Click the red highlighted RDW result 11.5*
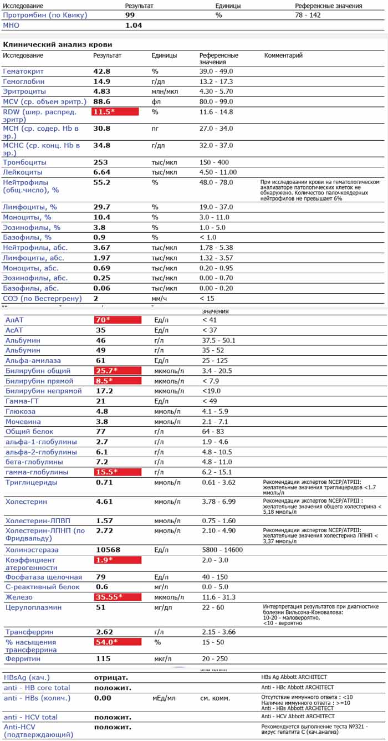115,112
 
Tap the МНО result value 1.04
134,25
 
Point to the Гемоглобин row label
28,81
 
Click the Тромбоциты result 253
101,162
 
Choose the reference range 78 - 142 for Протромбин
308,15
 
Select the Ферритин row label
23,659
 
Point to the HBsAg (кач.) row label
27,677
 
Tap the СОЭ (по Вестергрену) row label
42,299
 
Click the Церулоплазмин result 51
101,607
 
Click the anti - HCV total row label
30,717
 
